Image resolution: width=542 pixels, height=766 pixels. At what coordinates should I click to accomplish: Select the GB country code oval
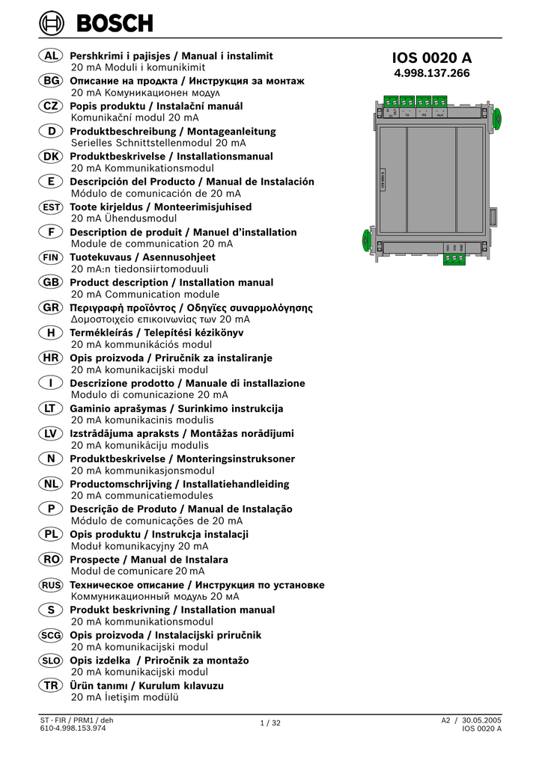[51, 283]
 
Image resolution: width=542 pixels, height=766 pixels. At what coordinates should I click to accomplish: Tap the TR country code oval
[51, 685]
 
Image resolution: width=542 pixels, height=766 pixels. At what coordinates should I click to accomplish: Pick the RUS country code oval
[51, 585]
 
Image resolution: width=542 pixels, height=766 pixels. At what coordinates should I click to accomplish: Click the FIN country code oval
[51, 257]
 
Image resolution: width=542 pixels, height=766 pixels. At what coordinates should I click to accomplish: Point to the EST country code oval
[51, 207]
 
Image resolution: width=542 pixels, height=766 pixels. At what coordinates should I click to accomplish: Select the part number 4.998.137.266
[432, 73]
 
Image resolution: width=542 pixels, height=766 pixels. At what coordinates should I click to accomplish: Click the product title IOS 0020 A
[432, 58]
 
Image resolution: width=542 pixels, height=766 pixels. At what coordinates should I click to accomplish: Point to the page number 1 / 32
[270, 723]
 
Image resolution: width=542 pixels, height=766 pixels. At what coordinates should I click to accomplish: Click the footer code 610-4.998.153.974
[73, 729]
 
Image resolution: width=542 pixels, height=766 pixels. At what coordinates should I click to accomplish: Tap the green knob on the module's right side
[496, 116]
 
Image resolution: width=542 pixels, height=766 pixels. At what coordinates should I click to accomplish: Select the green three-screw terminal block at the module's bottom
[454, 258]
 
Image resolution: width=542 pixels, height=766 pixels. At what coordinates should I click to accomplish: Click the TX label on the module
[407, 116]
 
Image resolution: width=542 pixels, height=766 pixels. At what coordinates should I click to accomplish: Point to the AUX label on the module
[440, 116]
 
